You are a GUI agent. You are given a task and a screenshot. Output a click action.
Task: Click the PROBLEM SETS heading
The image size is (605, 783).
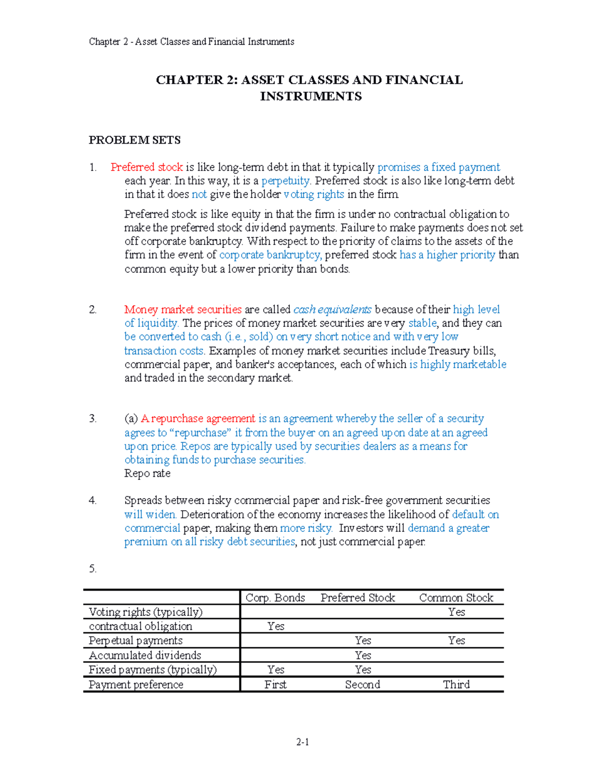point(135,140)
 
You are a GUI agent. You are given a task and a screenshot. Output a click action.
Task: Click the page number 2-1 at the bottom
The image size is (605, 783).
point(302,742)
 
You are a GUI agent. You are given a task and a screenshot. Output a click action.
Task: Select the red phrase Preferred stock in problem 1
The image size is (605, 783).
point(147,167)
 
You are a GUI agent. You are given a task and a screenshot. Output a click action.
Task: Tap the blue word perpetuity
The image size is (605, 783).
point(286,181)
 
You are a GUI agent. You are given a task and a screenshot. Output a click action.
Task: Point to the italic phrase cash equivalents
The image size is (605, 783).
point(332,310)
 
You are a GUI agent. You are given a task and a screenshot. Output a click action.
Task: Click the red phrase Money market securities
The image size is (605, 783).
point(183,310)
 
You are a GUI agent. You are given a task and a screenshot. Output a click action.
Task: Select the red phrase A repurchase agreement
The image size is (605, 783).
point(198,418)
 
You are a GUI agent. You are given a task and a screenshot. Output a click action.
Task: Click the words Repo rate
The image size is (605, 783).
point(147,473)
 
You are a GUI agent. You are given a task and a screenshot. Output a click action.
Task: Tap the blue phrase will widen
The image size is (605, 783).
point(150,515)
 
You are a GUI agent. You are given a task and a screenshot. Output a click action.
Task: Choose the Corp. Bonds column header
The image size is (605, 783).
point(275,598)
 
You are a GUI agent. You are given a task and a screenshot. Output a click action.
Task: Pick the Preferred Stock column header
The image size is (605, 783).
point(358,598)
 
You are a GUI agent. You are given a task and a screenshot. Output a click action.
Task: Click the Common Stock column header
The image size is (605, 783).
point(456,598)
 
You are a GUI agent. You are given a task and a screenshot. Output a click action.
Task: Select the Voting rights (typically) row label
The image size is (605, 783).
point(146,612)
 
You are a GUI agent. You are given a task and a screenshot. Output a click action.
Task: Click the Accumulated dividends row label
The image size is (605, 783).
point(145,655)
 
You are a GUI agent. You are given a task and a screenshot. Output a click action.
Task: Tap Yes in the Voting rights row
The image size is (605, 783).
point(457,612)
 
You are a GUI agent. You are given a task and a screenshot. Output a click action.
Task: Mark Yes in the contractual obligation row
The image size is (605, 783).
point(276,626)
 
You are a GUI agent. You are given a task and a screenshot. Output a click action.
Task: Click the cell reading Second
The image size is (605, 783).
point(362,685)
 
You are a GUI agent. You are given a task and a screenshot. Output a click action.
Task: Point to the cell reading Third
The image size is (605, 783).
point(456,685)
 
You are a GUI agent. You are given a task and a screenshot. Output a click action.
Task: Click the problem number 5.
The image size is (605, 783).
point(93,569)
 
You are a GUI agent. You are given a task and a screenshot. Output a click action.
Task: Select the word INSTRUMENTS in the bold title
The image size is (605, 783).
point(311,97)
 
